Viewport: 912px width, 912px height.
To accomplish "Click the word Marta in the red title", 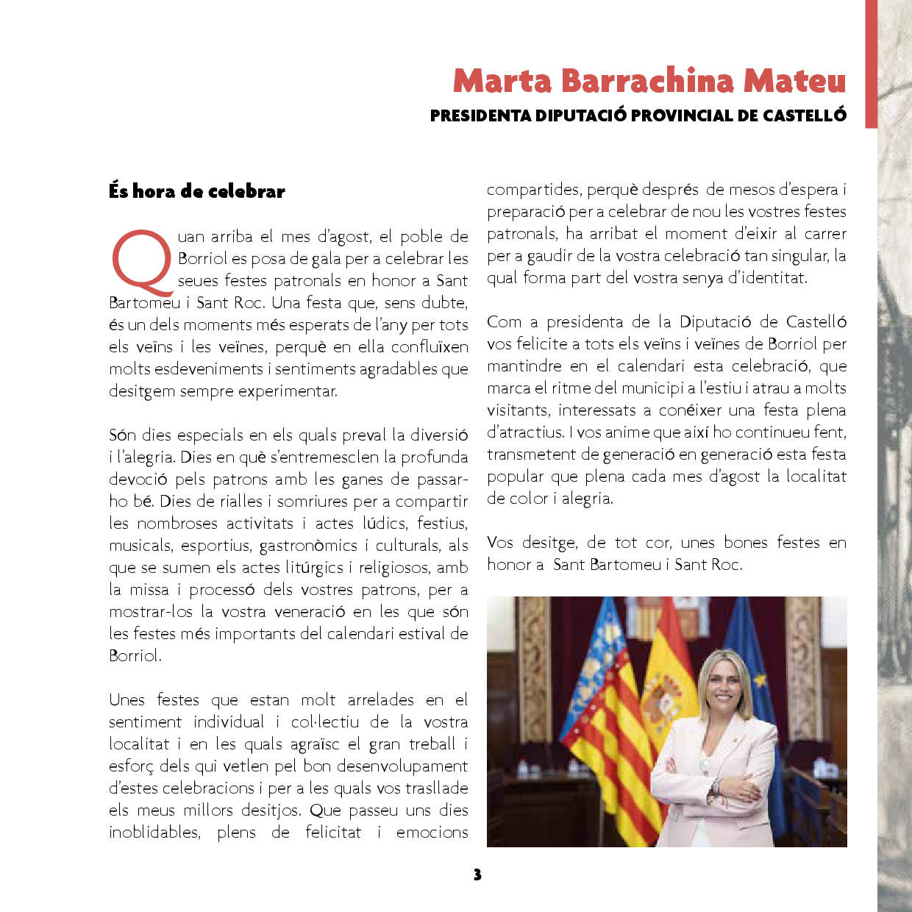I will (x=502, y=81).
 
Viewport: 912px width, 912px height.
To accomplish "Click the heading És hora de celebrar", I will (x=196, y=191).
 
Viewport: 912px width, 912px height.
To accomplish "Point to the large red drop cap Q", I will (x=142, y=261).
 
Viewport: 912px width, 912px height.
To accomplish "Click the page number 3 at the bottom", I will (x=477, y=874).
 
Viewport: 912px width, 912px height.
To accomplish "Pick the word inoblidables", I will (x=154, y=833).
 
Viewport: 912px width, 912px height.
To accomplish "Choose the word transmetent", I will (x=531, y=455).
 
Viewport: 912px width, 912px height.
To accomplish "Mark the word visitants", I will (x=518, y=410).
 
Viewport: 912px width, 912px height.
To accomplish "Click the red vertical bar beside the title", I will (x=871, y=64).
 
